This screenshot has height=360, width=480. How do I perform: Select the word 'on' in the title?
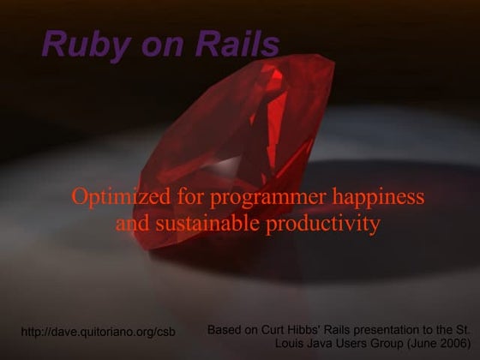[163, 47]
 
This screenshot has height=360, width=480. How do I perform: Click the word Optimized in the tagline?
[121, 197]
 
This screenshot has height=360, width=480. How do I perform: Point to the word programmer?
[267, 198]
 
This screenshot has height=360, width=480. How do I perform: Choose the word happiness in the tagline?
[379, 197]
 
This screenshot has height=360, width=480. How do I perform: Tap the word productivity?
[323, 225]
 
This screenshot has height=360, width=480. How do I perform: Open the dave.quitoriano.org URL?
[99, 332]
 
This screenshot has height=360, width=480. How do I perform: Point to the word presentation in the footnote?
[389, 331]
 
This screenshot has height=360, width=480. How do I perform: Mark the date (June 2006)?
[439, 344]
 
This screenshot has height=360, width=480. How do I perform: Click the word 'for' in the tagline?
[190, 197]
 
